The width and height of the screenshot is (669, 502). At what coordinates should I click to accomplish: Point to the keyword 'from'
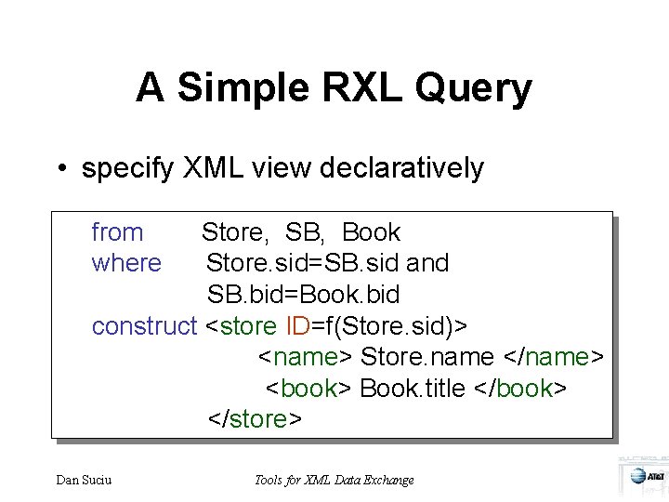click(x=117, y=232)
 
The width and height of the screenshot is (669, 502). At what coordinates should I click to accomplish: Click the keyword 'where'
click(x=126, y=263)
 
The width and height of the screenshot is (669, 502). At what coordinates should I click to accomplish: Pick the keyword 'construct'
click(x=144, y=326)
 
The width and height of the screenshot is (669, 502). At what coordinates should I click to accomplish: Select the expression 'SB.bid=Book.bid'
click(x=303, y=295)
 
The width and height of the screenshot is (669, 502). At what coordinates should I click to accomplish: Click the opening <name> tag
click(x=305, y=357)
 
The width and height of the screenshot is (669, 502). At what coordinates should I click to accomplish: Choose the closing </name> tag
click(x=553, y=357)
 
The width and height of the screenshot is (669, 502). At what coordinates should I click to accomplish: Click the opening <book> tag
click(x=309, y=389)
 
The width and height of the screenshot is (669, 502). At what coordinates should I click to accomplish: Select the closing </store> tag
click(x=254, y=419)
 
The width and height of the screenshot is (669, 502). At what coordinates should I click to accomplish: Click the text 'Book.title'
click(x=413, y=389)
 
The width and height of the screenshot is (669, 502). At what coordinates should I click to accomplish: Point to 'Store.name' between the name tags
click(x=427, y=357)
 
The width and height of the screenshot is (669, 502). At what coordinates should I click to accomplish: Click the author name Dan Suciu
click(x=85, y=480)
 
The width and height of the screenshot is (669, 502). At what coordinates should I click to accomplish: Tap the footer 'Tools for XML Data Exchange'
click(x=334, y=480)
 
